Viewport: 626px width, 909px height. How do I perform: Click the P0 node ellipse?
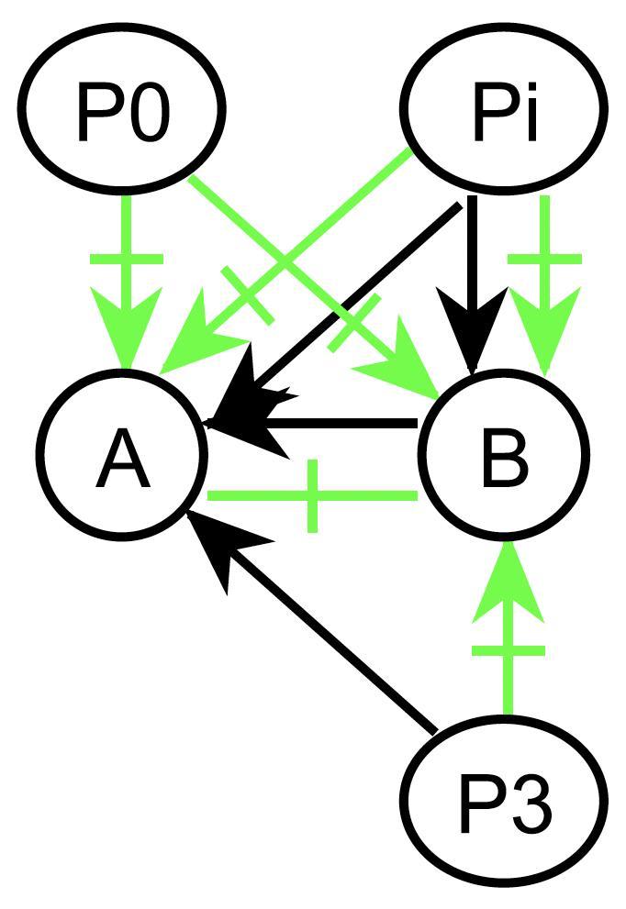124,109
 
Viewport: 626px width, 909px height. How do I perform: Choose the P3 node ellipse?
506,798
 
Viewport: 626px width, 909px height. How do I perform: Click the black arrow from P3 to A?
330,642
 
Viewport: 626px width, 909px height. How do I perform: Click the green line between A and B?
266,496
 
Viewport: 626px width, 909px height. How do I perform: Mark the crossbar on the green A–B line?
313,496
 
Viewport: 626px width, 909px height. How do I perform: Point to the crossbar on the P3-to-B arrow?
509,651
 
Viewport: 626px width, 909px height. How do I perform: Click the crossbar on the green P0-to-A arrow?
127,260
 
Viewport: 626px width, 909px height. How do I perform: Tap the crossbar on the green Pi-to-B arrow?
545,260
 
